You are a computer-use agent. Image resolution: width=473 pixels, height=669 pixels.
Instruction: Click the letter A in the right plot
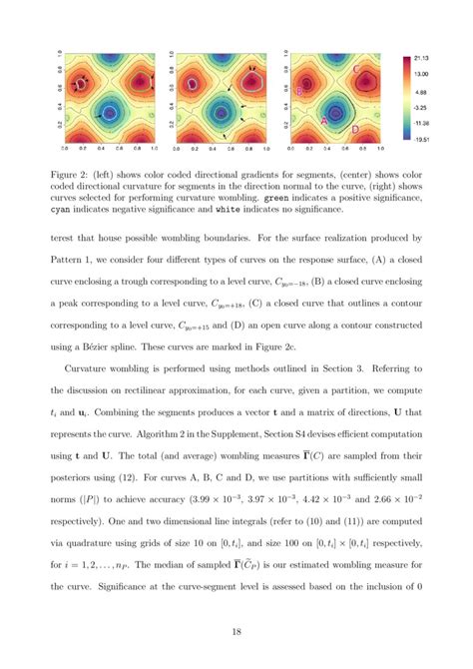[x=324, y=120]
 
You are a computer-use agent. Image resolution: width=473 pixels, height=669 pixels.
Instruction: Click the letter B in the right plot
[x=300, y=92]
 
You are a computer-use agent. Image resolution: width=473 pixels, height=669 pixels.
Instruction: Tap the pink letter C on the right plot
[x=357, y=68]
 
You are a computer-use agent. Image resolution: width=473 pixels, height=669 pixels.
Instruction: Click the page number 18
[x=236, y=632]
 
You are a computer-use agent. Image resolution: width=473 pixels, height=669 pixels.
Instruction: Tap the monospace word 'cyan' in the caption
[x=81, y=211]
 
